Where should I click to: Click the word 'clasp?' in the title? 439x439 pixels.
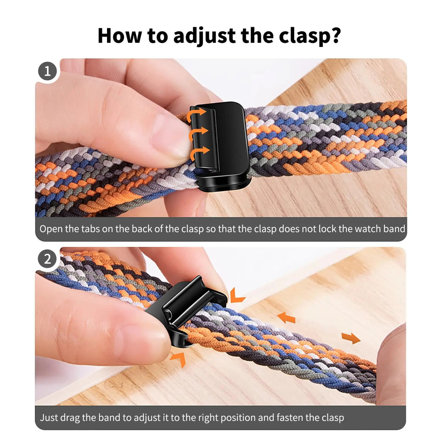tap(309, 35)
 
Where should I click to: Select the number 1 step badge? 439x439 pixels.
tap(48, 71)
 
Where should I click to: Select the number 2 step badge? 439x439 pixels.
tap(48, 259)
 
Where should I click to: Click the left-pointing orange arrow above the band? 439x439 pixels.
tap(286, 318)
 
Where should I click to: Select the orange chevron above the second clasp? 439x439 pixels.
tap(237, 295)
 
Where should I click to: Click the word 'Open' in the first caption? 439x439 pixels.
tap(50, 229)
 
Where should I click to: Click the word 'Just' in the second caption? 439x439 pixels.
tap(49, 417)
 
